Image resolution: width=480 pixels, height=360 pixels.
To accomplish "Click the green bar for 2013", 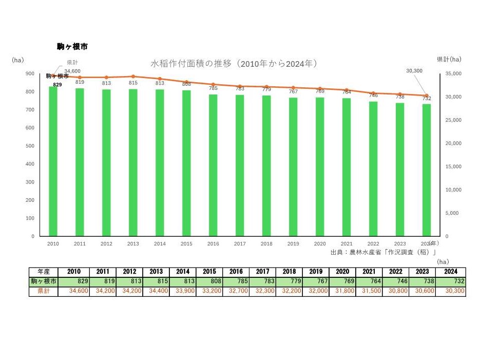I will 133,162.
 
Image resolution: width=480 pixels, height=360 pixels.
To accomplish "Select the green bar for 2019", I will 293,167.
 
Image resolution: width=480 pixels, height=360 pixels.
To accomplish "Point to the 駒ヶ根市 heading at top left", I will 72,47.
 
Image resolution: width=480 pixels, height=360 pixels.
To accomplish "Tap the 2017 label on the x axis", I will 240,244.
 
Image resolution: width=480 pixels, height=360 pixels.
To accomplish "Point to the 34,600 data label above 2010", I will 72,71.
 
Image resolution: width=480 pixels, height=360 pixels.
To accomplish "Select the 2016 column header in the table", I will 236,272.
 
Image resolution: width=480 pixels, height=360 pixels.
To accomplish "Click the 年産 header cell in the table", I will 44,272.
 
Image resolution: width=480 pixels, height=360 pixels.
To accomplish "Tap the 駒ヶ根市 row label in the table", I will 44,281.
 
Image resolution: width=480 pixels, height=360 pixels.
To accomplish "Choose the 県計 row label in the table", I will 44,291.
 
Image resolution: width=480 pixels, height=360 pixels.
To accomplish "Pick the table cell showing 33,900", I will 183,291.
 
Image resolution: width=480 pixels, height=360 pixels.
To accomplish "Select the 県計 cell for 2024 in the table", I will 450,291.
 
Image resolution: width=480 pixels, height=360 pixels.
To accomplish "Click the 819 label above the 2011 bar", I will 80,82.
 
